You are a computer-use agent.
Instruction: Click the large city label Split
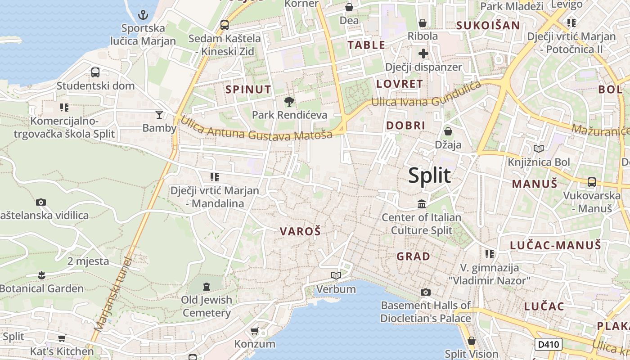point(429,175)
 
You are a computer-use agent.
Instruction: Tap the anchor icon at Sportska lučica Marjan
point(143,15)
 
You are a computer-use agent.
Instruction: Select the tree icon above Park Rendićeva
point(289,102)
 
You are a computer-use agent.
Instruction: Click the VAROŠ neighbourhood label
point(300,232)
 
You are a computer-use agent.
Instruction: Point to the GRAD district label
point(413,256)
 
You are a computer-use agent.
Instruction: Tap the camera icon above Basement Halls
point(425,292)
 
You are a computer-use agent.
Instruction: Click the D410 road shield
point(549,345)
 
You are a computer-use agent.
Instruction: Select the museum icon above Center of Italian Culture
point(422,204)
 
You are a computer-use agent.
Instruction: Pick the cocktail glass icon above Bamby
point(159,115)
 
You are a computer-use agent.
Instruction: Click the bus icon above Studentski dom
point(95,72)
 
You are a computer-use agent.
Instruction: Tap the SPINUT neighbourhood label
point(248,90)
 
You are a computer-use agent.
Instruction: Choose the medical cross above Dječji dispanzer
point(423,54)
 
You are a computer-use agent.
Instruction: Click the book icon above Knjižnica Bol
point(538,148)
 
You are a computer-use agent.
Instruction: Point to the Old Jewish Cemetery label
point(207,306)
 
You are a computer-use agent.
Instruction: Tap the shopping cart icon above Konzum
point(254,331)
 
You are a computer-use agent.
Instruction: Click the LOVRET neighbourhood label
point(400,84)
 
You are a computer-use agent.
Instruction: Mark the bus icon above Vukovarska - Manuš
point(592,182)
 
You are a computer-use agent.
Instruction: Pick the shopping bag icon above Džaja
point(448,131)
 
